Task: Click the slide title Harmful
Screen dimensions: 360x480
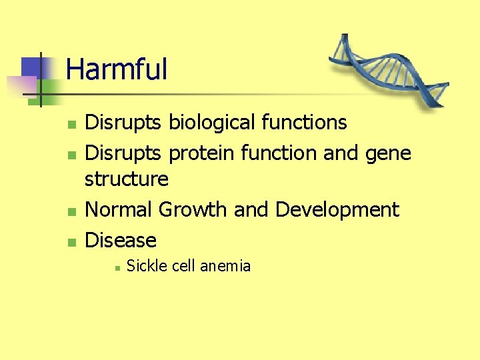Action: tap(117, 69)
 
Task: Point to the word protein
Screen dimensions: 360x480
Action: tap(202, 153)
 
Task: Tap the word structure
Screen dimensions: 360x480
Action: tap(127, 179)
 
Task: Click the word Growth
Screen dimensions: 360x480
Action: tap(193, 209)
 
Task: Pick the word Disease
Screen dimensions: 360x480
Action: tap(121, 240)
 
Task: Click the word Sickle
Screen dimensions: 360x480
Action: tap(147, 266)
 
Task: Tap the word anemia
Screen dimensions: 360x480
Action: tap(225, 266)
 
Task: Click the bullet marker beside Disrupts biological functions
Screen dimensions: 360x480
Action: tap(71, 124)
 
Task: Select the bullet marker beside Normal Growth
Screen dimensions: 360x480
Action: tap(71, 211)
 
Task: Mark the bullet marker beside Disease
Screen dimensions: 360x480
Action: tap(71, 241)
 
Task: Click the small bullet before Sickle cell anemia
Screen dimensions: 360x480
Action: tap(116, 267)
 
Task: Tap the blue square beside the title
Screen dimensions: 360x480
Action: tap(32, 67)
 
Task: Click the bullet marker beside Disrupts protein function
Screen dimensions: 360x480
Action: tap(71, 155)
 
